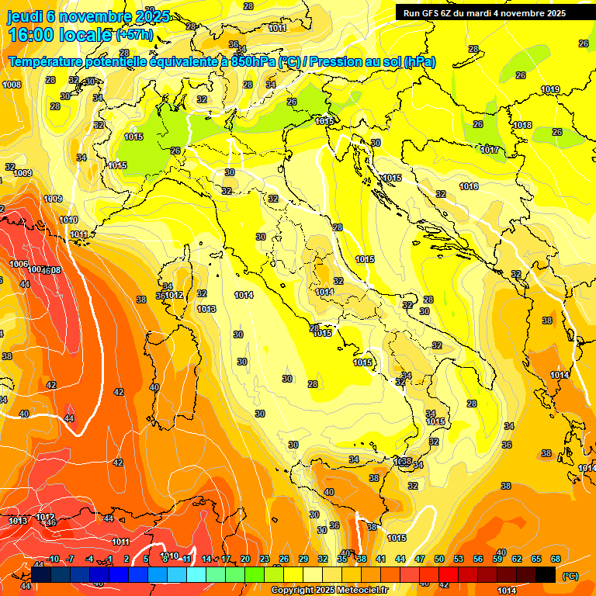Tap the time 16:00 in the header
[x=32, y=35]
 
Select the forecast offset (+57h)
[x=134, y=35]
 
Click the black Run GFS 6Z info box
[x=484, y=12]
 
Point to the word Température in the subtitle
[x=49, y=61]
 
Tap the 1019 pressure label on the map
[x=550, y=90]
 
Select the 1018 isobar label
[x=522, y=125]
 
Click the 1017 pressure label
[x=490, y=150]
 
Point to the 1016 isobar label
[x=469, y=186]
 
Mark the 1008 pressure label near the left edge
[x=12, y=85]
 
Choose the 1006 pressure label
[x=19, y=264]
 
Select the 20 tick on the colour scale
[x=245, y=559]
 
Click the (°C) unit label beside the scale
[x=570, y=576]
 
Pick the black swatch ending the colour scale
[x=546, y=574]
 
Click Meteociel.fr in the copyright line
[x=362, y=591]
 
